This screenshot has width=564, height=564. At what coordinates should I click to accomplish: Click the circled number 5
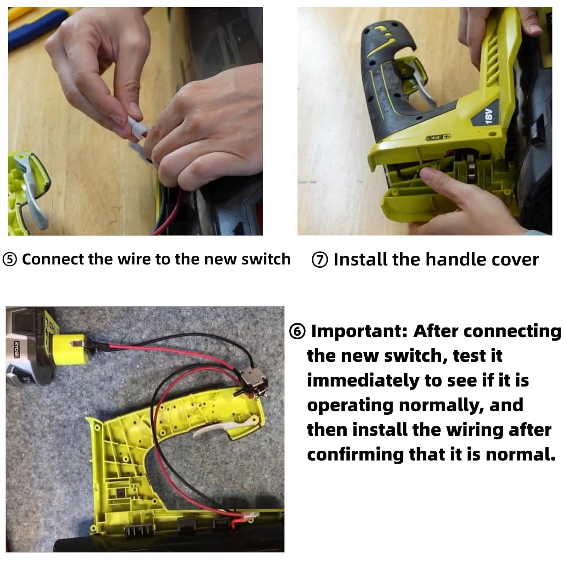(x=10, y=260)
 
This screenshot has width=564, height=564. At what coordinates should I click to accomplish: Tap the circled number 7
(x=320, y=260)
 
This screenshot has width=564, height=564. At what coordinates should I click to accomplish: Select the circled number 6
(x=297, y=332)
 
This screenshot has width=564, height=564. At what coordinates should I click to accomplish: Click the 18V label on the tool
(x=488, y=115)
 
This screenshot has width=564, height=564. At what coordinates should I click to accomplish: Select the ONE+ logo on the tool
(x=438, y=138)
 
